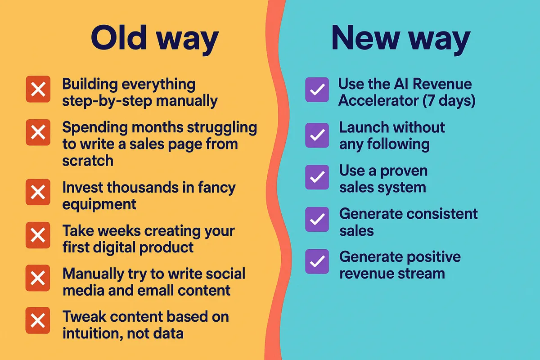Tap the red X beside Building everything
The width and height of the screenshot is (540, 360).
click(x=38, y=89)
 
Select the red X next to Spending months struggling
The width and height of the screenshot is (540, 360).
click(x=38, y=132)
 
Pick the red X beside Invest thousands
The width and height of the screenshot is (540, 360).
click(x=38, y=192)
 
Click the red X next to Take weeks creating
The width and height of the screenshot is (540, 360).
click(x=38, y=235)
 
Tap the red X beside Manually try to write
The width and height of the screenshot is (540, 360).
click(x=38, y=278)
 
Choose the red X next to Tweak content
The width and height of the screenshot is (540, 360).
click(x=38, y=320)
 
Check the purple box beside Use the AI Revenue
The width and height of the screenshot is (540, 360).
click(x=317, y=90)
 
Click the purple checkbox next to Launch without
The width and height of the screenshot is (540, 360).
click(x=317, y=135)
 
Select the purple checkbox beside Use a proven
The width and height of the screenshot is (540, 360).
click(x=317, y=177)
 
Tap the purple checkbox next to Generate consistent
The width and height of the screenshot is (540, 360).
click(x=317, y=220)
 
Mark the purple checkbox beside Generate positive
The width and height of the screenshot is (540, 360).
click(x=317, y=261)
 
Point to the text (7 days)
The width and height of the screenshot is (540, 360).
click(x=449, y=100)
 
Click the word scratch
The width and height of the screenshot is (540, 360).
click(x=88, y=161)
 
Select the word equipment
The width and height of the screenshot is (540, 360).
click(x=99, y=205)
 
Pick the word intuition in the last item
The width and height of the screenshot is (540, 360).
click(x=93, y=333)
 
